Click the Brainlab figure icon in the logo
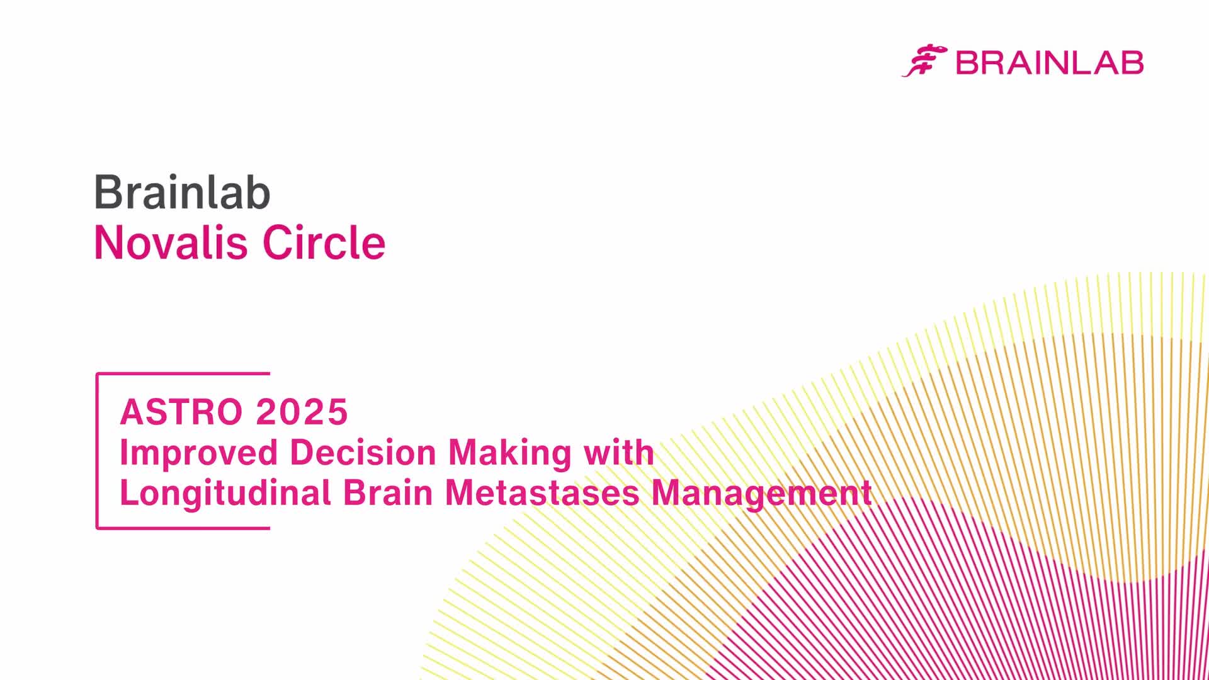click(x=924, y=60)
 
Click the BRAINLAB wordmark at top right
click(x=1050, y=63)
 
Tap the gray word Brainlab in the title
click(x=183, y=192)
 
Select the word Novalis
click(x=171, y=242)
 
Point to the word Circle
click(x=324, y=242)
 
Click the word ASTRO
click(x=181, y=412)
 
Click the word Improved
click(x=199, y=454)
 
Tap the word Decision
click(x=363, y=453)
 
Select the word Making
click(x=511, y=454)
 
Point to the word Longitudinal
click(x=225, y=494)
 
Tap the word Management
click(x=762, y=494)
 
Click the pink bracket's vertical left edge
click(x=97, y=451)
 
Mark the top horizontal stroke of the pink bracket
click(x=183, y=374)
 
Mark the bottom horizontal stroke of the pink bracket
click(x=183, y=528)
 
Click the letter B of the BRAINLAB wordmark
click(x=967, y=63)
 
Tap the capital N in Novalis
click(x=108, y=242)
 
